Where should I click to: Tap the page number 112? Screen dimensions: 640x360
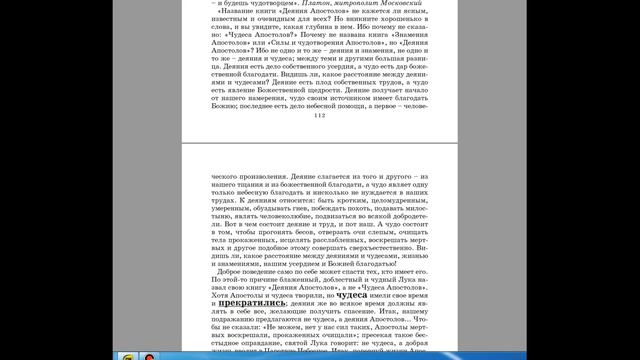click(320, 116)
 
